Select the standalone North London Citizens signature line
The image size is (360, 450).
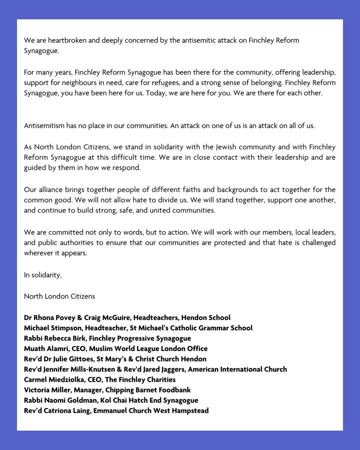click(59, 296)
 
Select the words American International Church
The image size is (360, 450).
click(237, 369)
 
